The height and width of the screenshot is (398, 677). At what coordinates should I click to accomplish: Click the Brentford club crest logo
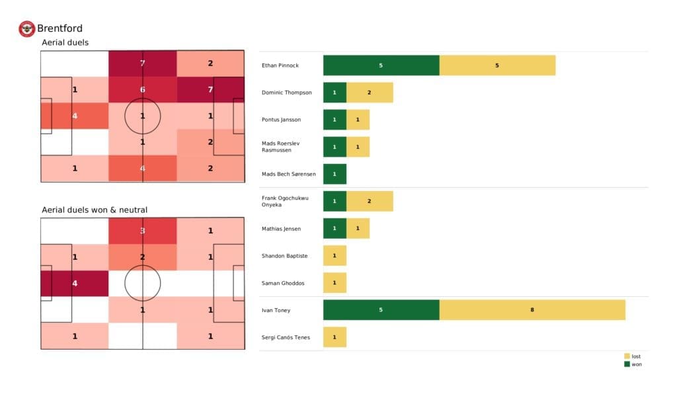point(26,28)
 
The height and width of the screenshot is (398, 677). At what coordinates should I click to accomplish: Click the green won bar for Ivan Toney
point(381,309)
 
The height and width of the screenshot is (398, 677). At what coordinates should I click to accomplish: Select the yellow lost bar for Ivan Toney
point(532,309)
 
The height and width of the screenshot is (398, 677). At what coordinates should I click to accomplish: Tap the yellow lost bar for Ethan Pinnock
point(497,65)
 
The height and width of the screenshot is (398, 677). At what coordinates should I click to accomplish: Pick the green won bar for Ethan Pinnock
point(381,65)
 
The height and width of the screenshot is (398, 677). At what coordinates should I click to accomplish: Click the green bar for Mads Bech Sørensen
point(335,174)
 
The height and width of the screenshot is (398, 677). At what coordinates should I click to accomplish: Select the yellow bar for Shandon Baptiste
point(335,255)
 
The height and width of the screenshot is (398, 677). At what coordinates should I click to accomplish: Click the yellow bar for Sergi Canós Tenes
point(335,337)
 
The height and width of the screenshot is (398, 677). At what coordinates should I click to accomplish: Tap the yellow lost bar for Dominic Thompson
point(370,93)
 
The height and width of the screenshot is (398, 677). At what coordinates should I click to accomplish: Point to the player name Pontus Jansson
point(282,120)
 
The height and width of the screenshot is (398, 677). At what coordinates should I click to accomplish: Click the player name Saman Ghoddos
point(282,283)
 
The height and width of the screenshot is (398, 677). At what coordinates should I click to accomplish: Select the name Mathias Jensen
point(282,229)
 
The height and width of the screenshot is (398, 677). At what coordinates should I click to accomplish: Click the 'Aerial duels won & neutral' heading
point(95,210)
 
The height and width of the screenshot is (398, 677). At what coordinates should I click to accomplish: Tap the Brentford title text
point(60,28)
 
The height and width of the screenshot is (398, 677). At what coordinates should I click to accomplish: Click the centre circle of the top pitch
point(143,116)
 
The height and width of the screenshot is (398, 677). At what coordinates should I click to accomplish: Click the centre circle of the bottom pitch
point(143,283)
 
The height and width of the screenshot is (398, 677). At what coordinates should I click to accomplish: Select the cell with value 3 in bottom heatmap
point(143,231)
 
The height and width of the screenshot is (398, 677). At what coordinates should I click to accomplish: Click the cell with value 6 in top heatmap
point(143,90)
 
